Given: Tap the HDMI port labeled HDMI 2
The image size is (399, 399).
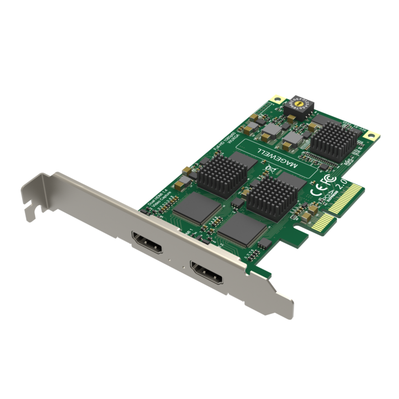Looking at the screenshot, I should [x=207, y=273].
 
